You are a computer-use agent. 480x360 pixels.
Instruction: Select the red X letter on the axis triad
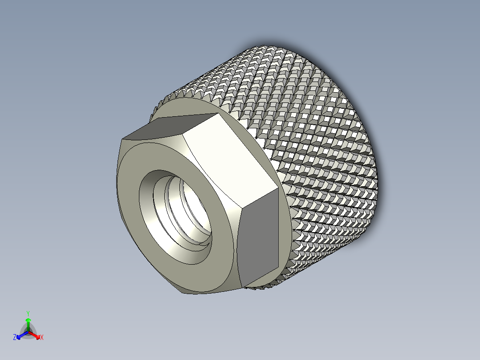click(42, 337)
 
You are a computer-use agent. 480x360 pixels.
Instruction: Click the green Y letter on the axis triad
click(28, 313)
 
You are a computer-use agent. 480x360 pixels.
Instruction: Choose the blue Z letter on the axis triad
click(15, 337)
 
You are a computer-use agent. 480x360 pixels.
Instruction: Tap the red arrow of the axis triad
click(36, 334)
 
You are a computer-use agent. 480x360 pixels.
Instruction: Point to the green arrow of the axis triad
click(28, 322)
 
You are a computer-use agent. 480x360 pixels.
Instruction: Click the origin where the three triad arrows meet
click(28, 331)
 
